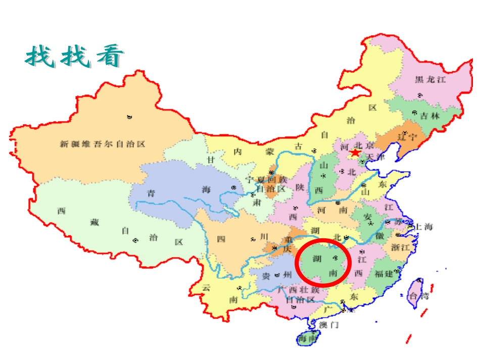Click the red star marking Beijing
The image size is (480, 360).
click(355, 152)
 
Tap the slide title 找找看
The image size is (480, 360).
click(74, 57)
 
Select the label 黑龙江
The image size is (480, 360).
click(430, 79)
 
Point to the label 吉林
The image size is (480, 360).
click(430, 116)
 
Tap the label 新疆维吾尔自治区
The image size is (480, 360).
click(103, 144)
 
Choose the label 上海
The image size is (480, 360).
click(423, 227)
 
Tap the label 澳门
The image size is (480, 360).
click(329, 325)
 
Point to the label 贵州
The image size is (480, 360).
click(276, 275)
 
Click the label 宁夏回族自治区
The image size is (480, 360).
click(266, 184)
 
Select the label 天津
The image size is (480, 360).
click(375, 157)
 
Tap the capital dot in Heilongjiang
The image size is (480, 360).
click(419, 95)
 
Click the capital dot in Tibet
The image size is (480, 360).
click(135, 240)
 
